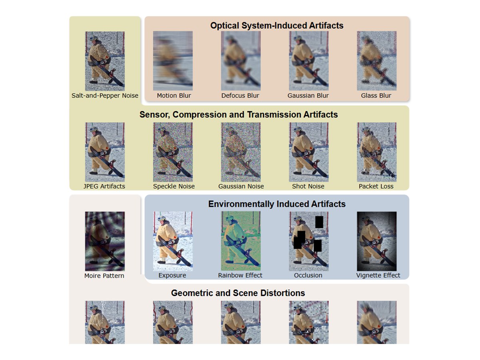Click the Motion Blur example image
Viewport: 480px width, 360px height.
coord(173,61)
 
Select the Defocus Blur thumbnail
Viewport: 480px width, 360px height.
coord(240,61)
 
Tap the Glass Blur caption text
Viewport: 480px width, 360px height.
coord(376,96)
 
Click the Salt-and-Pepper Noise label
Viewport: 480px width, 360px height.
coord(105,96)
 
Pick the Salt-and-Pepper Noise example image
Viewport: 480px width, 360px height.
coord(105,61)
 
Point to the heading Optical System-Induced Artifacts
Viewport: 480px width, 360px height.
coord(277,26)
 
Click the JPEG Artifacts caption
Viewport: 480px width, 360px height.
coord(104,186)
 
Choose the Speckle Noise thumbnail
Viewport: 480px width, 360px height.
coord(173,152)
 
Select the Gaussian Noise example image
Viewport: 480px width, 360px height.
coord(240,152)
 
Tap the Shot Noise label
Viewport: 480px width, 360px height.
coord(308,186)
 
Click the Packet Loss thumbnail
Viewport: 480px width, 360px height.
coord(376,152)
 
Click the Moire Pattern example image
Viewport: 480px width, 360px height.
coord(105,241)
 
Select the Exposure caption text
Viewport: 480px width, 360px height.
coord(172,275)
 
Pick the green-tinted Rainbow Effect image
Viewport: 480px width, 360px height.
coord(240,241)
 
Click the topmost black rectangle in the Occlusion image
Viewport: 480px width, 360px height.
coord(319,222)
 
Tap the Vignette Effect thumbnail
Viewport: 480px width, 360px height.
coord(376,241)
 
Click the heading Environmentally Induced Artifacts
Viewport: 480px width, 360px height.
coord(277,204)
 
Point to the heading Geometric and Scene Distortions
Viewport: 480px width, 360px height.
coord(238,293)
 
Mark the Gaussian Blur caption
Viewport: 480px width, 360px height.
coord(308,96)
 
